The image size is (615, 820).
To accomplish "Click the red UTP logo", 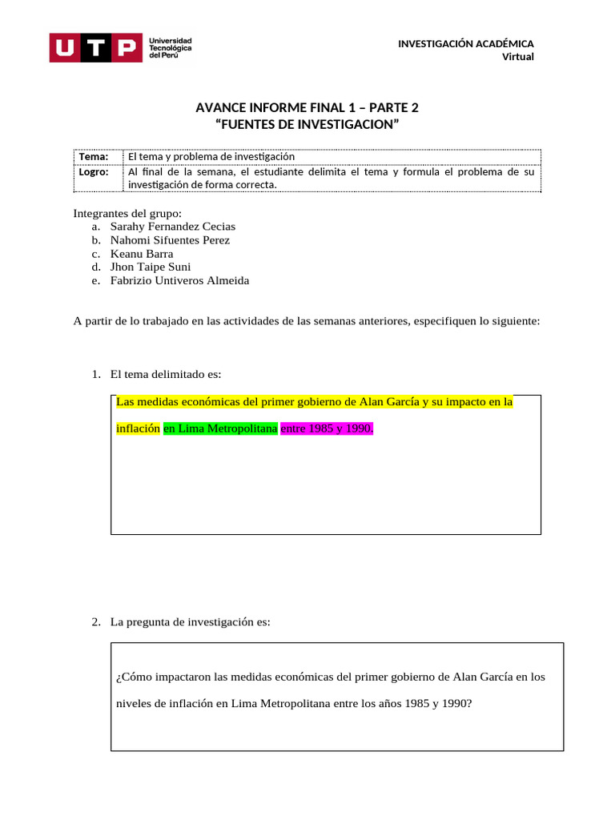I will point(94,48).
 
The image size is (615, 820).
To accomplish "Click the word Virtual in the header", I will point(517,56).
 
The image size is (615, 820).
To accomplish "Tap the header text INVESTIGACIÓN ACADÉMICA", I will point(466,43).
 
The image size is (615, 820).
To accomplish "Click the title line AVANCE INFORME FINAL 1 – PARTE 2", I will point(307,108).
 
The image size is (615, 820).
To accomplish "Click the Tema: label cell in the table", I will point(94,157).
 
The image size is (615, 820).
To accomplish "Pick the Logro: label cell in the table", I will point(94,171).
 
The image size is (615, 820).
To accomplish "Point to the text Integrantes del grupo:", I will point(127,213).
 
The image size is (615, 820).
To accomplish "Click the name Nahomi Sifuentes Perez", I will point(170,240).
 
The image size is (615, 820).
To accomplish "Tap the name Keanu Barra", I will point(142,254).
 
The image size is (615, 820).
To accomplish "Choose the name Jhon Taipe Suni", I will point(151,267).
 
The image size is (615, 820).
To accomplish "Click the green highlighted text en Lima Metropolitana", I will point(220,428).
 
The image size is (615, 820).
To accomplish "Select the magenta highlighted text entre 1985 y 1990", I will point(327,428).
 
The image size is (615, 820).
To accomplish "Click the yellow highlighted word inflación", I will point(138,428).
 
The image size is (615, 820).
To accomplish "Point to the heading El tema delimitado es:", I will point(166,374).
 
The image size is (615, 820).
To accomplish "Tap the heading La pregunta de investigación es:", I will point(191,621).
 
